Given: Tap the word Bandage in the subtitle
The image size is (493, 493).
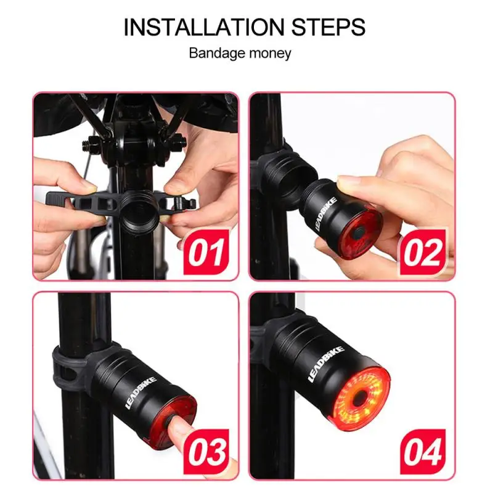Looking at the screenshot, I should pyautogui.click(x=213, y=53).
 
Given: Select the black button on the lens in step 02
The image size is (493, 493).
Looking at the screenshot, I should pyautogui.click(x=358, y=232).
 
